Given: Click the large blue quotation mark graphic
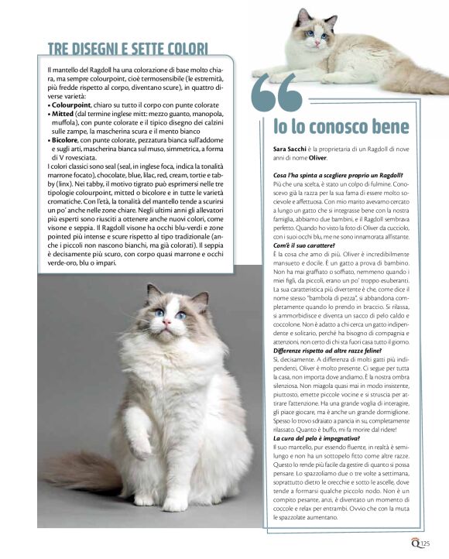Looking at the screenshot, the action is point(277,94).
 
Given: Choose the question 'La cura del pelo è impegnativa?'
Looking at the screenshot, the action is point(315,439).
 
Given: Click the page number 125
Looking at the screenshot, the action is point(426,544).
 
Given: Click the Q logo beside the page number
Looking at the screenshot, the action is point(416,543).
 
